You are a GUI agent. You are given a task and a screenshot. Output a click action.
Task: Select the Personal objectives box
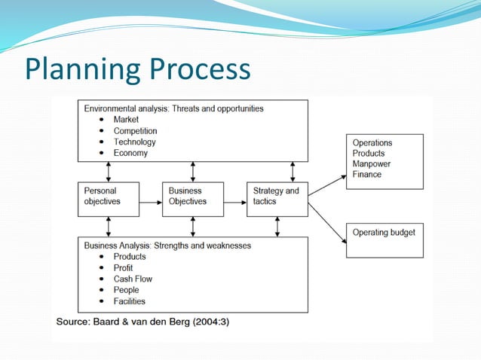[x=108, y=199]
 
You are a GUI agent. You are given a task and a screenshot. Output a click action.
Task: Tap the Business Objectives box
[x=192, y=199]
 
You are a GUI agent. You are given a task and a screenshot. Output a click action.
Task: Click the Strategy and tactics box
[x=277, y=199]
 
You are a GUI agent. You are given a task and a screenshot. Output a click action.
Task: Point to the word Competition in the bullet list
[x=135, y=131]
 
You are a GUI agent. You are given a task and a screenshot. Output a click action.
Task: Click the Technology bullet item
[x=134, y=142]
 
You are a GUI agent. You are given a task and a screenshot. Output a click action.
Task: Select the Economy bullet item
[x=130, y=153]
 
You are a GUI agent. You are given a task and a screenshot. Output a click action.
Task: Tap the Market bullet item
[x=126, y=120]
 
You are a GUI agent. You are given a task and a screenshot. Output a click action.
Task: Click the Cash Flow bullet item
[x=133, y=279]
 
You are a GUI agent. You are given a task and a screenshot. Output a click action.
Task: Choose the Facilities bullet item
[x=130, y=301]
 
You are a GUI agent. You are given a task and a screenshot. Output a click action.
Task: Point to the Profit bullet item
[x=123, y=267]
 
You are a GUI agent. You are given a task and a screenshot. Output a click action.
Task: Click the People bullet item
[x=126, y=290]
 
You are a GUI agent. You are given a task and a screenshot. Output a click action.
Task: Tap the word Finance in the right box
[x=367, y=174]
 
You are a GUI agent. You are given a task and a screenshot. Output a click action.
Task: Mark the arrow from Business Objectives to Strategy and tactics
[x=234, y=201]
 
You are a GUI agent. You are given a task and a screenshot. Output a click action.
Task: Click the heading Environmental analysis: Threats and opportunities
[x=173, y=108]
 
